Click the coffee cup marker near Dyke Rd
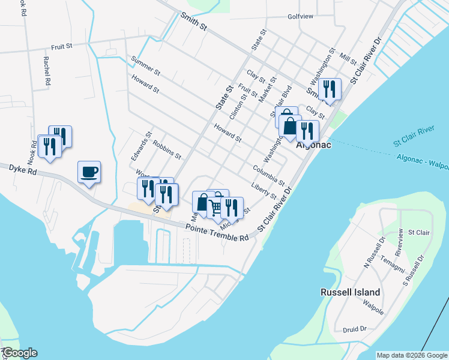coord(89,173)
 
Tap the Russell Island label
coord(350,292)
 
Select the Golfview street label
coord(300,16)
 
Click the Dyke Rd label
coord(23,170)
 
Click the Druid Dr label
coord(355,329)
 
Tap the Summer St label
coord(145,66)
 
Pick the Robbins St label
coord(167,150)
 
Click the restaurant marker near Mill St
coord(330,90)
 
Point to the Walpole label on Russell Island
coord(373,304)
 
